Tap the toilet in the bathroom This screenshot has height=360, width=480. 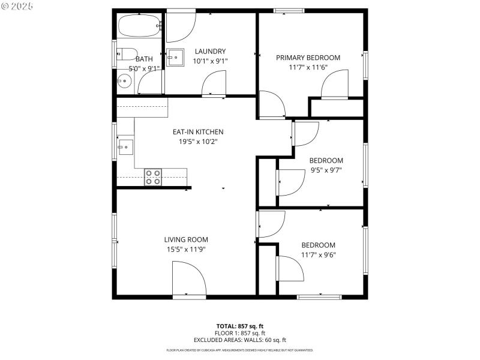point(127,54)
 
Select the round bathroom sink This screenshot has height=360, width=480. point(124,81)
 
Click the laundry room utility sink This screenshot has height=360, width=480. point(176,58)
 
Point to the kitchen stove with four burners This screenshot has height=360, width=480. point(153,177)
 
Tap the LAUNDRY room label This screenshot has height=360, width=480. point(210,52)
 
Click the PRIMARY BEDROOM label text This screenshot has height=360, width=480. point(308,58)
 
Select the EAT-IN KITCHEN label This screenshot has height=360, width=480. point(198,132)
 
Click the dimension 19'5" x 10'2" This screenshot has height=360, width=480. point(198,142)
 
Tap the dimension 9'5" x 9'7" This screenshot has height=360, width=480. point(326,170)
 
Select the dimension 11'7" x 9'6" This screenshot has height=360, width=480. point(318,255)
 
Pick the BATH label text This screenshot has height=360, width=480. point(144,59)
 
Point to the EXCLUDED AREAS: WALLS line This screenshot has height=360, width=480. point(239,340)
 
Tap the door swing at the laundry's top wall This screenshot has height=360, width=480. point(181,24)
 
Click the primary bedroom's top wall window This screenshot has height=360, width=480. point(289,10)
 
